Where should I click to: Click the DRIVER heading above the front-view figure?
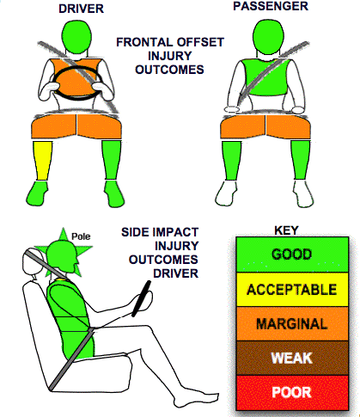point(81,9)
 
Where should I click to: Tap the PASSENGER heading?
point(271,6)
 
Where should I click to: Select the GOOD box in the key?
point(292,254)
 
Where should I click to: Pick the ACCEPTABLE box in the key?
point(292,290)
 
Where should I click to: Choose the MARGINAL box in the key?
point(292,324)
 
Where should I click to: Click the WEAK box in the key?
point(292,359)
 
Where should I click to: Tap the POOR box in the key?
point(292,392)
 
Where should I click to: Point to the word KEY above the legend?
point(286,230)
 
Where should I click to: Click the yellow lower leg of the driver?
point(43,161)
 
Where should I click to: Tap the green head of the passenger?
point(268,36)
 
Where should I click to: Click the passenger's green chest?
point(265,77)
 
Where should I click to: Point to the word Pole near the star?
point(81,236)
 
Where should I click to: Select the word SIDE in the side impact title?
point(135,232)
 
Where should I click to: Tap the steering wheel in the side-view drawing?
point(142,298)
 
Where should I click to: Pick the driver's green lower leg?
point(112,160)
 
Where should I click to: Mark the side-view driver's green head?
point(62,256)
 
